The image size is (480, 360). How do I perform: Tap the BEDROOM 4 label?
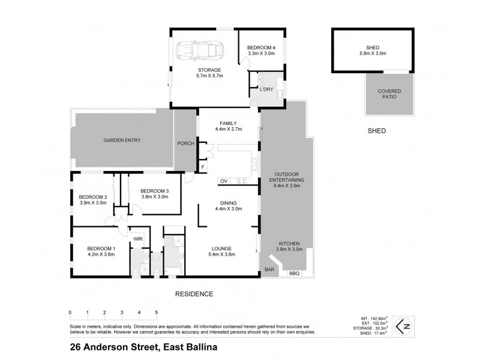261,50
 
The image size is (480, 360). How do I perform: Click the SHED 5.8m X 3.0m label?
373,50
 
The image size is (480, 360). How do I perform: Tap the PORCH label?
185,143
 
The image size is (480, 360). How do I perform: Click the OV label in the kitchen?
223,181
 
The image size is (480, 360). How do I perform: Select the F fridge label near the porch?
203,166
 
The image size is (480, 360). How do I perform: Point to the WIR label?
137,238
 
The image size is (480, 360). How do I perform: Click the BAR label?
269,270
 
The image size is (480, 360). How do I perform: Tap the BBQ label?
294,274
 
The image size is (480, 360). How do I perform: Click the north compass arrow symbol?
406,326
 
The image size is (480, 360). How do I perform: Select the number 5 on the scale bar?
156,313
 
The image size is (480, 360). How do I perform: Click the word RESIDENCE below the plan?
194,294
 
